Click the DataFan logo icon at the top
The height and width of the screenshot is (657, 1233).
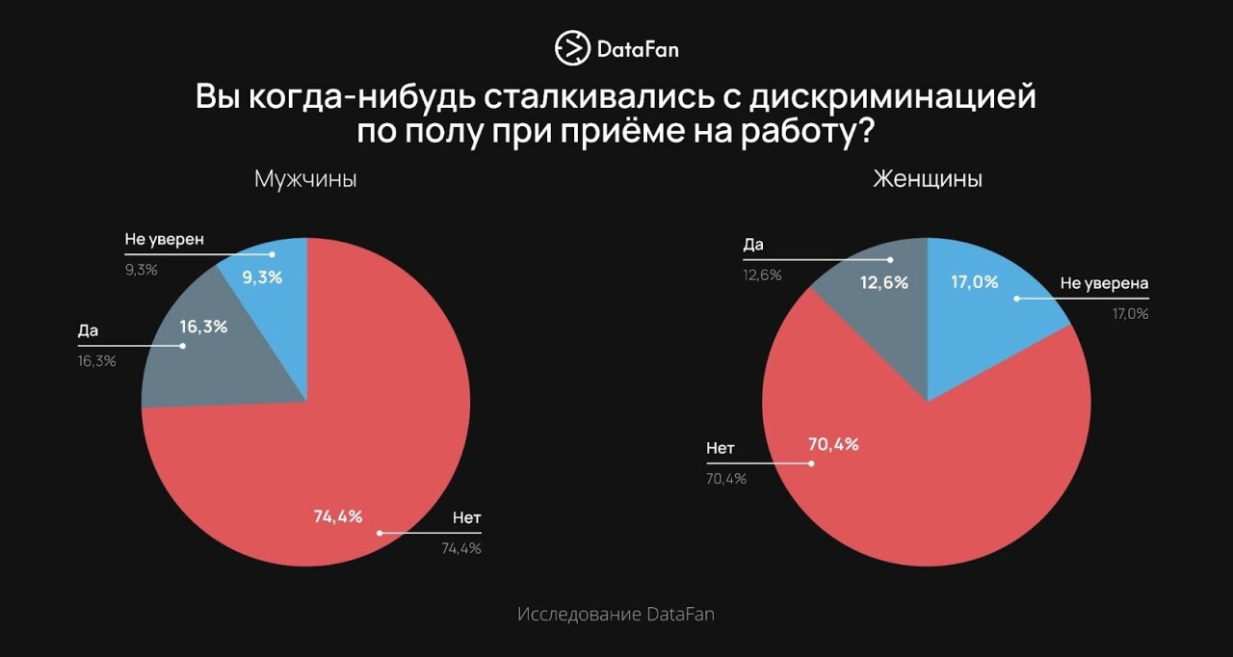571,47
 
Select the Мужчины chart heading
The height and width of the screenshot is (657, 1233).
305,179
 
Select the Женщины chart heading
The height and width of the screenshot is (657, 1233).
927,179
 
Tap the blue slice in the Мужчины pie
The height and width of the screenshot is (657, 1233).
275,289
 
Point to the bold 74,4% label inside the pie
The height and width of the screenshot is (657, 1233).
338,516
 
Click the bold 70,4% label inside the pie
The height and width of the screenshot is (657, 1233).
833,445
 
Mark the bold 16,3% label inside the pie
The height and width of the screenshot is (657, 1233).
203,327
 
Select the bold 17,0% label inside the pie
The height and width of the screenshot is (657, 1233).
974,282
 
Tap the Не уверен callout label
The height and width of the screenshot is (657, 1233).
165,239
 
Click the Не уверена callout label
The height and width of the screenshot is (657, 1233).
1105,283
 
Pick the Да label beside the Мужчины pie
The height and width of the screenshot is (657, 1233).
89,330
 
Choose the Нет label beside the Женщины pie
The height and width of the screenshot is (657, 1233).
721,448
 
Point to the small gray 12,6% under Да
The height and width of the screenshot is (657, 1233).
762,275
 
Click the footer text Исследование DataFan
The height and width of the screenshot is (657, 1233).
616,614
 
